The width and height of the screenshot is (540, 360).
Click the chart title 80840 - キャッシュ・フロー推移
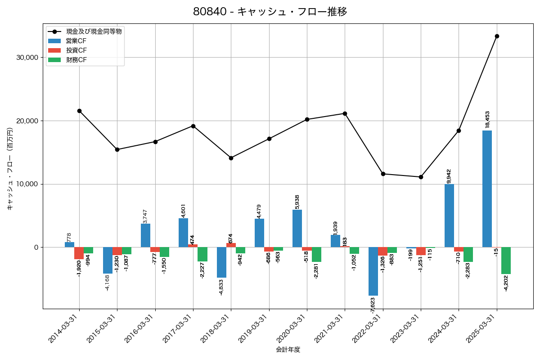click(x=270, y=12)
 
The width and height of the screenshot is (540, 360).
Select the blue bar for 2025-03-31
click(x=487, y=189)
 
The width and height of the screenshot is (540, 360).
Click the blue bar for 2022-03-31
click(x=373, y=271)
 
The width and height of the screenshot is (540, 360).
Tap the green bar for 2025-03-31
click(x=506, y=261)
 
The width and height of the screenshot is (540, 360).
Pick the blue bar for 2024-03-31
click(x=449, y=216)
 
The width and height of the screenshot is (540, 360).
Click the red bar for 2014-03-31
click(x=79, y=253)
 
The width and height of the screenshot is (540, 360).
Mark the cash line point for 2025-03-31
click(x=497, y=36)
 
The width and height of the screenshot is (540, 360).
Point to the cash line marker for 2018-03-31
click(x=231, y=158)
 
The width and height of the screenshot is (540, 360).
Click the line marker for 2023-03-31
click(x=421, y=177)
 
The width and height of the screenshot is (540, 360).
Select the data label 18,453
click(x=487, y=119)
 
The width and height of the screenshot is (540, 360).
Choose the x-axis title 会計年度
click(x=288, y=350)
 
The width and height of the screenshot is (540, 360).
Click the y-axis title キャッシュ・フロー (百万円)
click(x=10, y=169)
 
